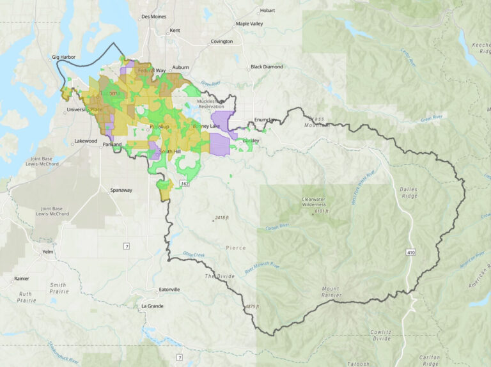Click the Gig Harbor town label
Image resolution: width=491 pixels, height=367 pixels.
pyautogui.click(x=64, y=57)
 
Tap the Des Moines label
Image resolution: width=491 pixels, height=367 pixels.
pyautogui.click(x=153, y=16)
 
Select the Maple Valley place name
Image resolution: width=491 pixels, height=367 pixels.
pyautogui.click(x=249, y=24)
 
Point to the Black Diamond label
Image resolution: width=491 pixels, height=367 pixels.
pyautogui.click(x=266, y=66)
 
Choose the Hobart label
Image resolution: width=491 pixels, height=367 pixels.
pyautogui.click(x=267, y=10)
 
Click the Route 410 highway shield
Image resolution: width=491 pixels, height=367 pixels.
pyautogui.click(x=410, y=253)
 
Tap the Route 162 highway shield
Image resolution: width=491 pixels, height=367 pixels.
pyautogui.click(x=185, y=183)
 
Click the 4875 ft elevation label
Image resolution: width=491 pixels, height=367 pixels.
pyautogui.click(x=252, y=307)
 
